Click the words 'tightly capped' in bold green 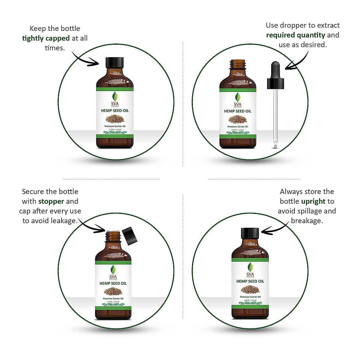[x=46, y=38]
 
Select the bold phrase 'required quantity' [x=295, y=35]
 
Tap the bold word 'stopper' [x=51, y=201]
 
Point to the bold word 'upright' [x=313, y=201]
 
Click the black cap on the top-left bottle [x=115, y=62]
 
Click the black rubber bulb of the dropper [x=275, y=72]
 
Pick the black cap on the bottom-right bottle [x=250, y=233]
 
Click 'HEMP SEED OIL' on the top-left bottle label [x=115, y=111]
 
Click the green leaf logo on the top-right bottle [x=238, y=97]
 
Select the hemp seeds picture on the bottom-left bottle [x=113, y=291]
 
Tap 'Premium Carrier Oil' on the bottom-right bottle [x=250, y=297]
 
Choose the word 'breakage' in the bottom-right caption [x=306, y=221]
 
